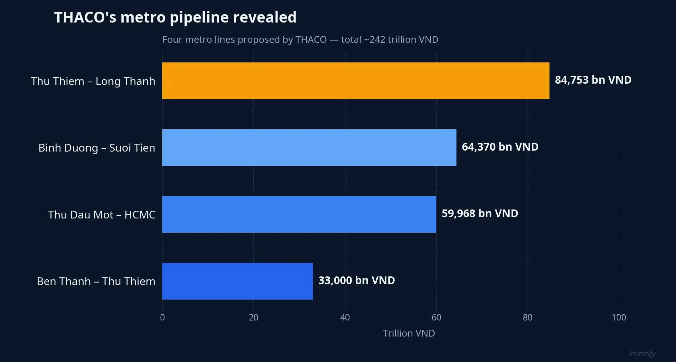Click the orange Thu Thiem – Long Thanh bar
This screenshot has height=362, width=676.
(x=356, y=81)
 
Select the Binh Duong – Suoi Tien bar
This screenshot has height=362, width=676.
(x=309, y=148)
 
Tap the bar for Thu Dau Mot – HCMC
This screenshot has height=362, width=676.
(x=299, y=214)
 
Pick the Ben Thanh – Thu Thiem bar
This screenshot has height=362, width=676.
(x=237, y=281)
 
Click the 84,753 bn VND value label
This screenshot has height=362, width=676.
(x=593, y=80)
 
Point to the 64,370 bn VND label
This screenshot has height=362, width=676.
(x=500, y=147)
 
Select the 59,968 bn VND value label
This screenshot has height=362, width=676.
(x=480, y=214)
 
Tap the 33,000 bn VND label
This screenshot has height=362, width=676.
(x=356, y=281)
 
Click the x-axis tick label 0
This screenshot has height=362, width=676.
(x=162, y=318)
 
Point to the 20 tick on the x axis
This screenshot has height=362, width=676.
(x=254, y=318)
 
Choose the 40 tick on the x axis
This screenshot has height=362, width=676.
(x=345, y=318)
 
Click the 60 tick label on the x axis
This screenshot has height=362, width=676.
(x=436, y=318)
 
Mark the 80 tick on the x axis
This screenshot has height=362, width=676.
(x=528, y=318)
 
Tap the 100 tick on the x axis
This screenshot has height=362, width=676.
(x=619, y=318)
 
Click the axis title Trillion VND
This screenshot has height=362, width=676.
(x=408, y=333)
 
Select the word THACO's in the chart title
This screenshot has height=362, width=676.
(x=85, y=17)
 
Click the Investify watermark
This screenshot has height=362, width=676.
(x=642, y=354)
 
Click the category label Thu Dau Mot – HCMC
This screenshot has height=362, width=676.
(x=101, y=215)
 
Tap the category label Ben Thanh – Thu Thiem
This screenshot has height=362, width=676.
(x=96, y=282)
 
